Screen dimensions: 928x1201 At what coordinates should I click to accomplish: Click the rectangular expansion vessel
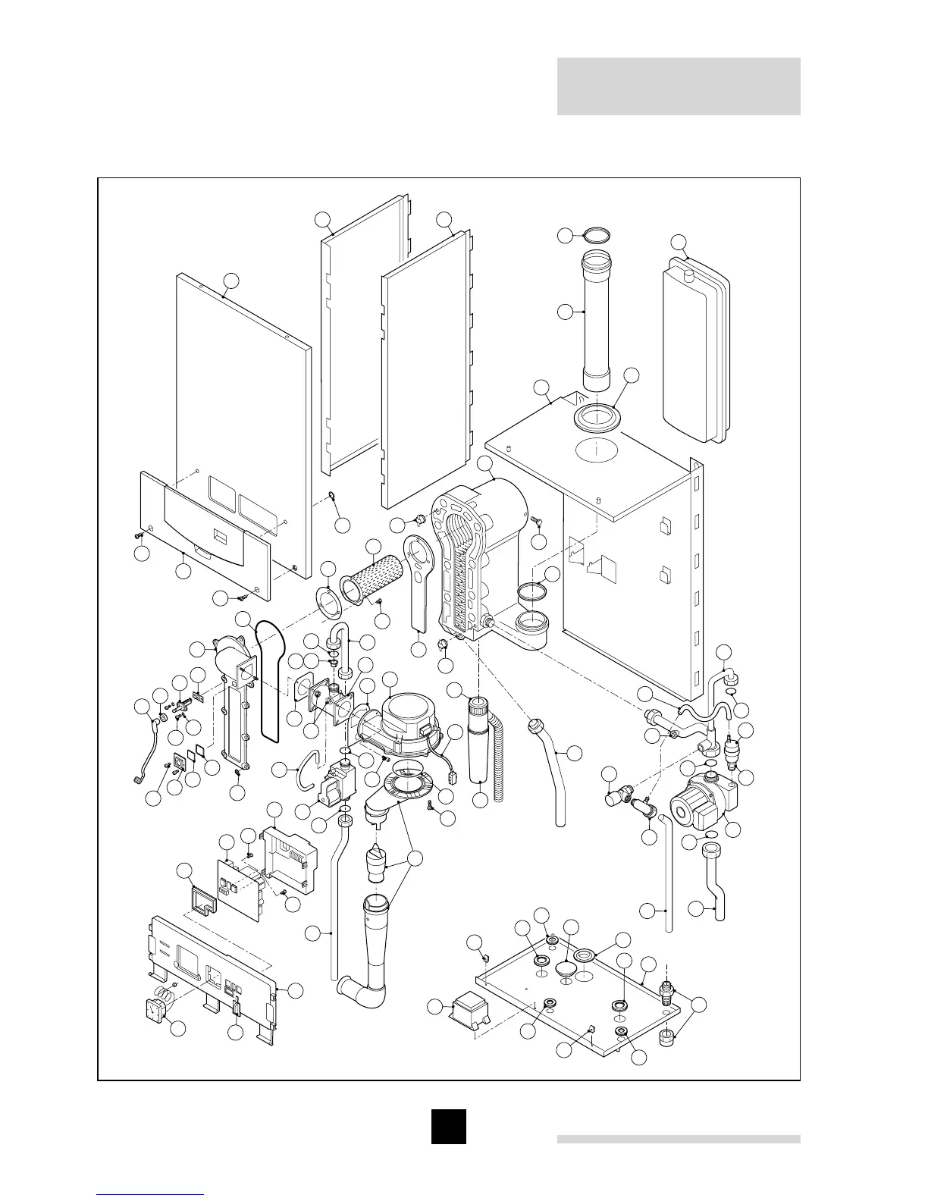(695, 349)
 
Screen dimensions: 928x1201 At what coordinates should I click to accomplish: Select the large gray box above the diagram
(679, 86)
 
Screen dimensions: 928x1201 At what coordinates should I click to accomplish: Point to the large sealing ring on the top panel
(597, 416)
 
